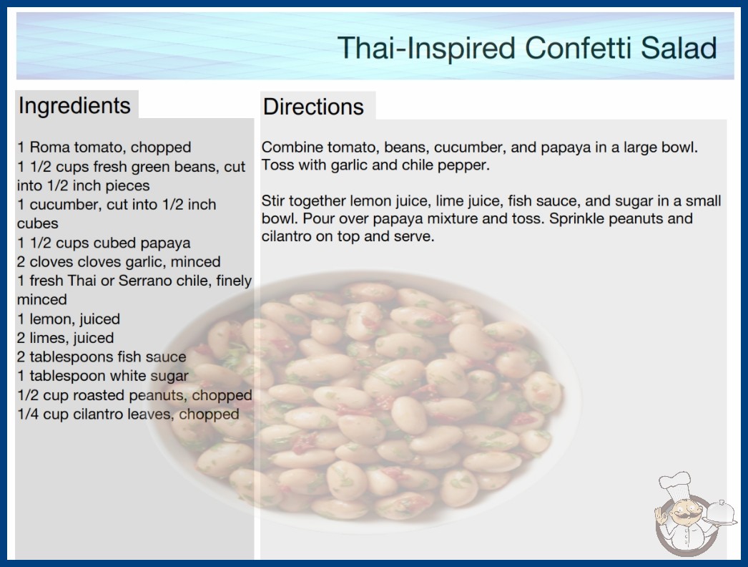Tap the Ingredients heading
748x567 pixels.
[x=74, y=105]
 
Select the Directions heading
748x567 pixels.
[x=313, y=107]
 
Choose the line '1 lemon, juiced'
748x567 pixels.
[x=69, y=319]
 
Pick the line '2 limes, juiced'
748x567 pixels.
[x=65, y=338]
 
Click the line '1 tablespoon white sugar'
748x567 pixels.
[x=103, y=377]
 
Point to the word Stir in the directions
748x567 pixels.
[x=273, y=200]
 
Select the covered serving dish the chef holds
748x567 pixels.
[x=720, y=513]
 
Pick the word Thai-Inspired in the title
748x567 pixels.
[x=426, y=48]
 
